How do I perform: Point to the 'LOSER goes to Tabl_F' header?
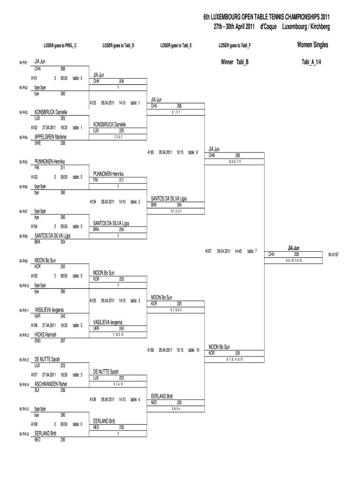click(235, 45)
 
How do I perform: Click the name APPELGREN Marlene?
click(50, 137)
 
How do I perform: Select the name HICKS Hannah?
click(45, 335)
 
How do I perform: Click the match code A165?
click(151, 152)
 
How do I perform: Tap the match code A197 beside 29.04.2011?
click(209, 251)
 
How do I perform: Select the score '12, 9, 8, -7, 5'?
click(235, 161)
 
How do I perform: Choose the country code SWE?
click(38, 143)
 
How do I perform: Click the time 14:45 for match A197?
click(238, 251)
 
